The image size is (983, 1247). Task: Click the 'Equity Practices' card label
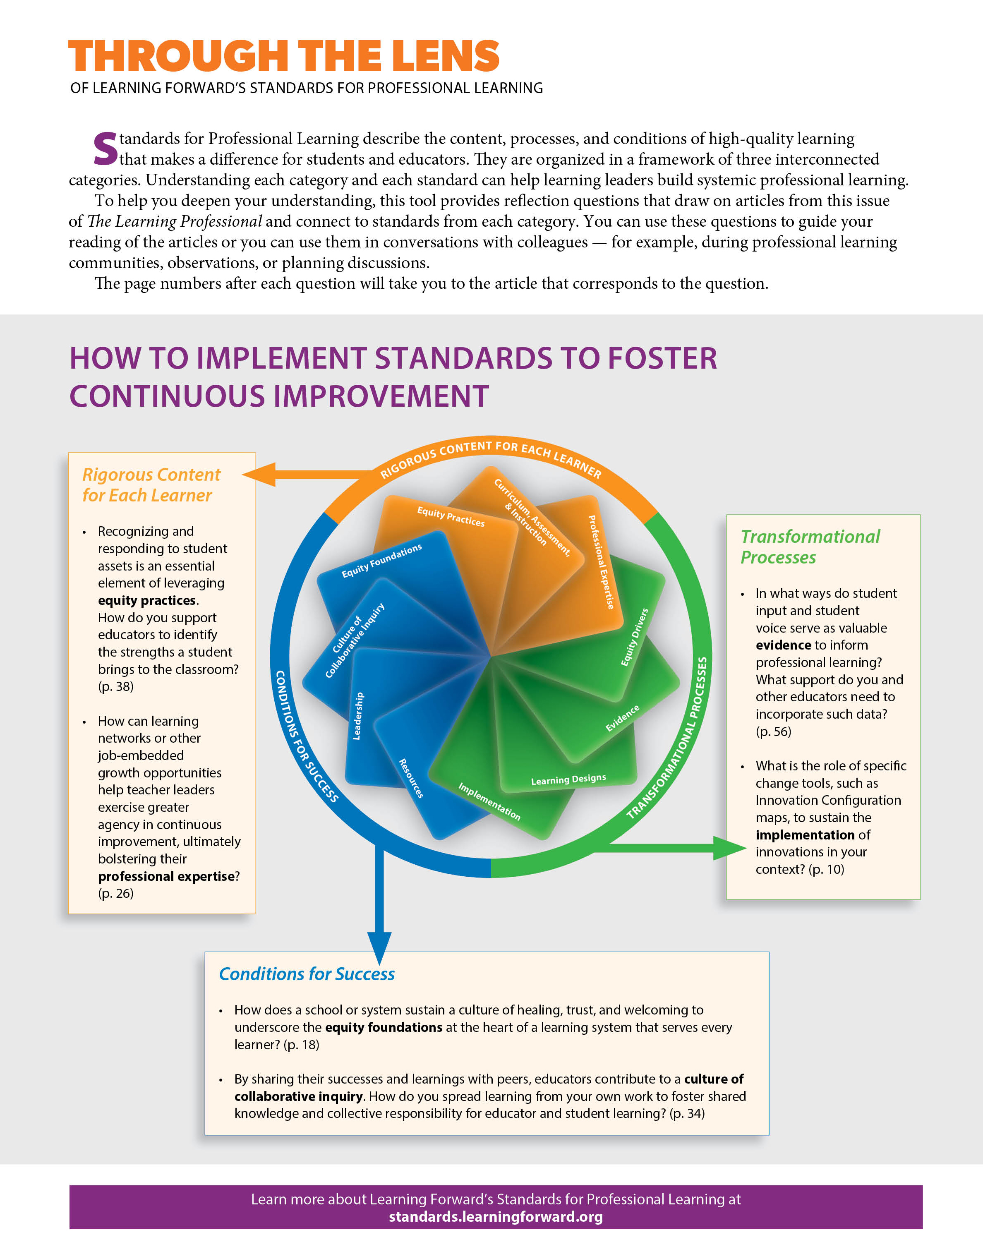click(x=451, y=517)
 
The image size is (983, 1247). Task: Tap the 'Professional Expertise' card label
click(x=601, y=562)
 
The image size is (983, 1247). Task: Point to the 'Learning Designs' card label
click(x=568, y=779)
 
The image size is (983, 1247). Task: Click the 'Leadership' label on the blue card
click(x=357, y=716)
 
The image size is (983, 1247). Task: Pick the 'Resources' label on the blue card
click(x=412, y=778)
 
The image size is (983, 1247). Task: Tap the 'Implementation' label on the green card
click(x=489, y=801)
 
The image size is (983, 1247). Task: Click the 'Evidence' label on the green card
click(x=622, y=718)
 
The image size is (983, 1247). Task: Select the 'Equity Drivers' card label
click(x=634, y=637)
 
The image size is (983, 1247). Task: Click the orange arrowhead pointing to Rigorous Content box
click(x=259, y=475)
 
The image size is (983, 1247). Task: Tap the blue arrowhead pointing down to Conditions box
click(x=379, y=948)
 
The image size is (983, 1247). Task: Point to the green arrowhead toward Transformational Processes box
click(x=730, y=848)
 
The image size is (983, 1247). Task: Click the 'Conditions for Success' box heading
click(x=307, y=974)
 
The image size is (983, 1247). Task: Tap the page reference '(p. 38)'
click(x=116, y=686)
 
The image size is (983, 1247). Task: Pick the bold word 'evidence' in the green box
click(x=783, y=645)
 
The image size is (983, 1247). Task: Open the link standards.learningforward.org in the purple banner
click(x=496, y=1216)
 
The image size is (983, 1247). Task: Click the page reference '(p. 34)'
click(x=687, y=1113)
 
